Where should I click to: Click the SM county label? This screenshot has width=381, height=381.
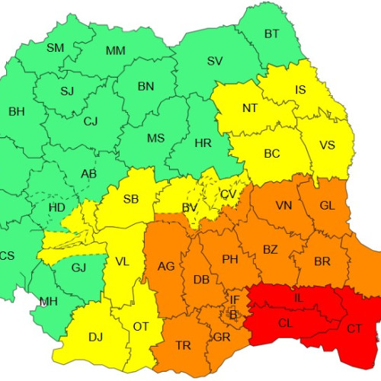tap(56, 48)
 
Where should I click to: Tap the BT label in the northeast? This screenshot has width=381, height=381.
tap(272, 34)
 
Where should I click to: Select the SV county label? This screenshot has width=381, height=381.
tap(215, 61)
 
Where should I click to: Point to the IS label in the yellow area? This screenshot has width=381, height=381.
tap(301, 90)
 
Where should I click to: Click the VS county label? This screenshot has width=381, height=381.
tap(327, 145)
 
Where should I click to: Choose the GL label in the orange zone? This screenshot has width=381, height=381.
tap(327, 206)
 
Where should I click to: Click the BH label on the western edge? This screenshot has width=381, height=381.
tap(16, 112)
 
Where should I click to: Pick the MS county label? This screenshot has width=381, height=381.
tap(155, 138)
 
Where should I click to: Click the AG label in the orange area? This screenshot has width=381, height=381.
tap(166, 266)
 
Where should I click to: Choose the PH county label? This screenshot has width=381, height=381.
tap(230, 259)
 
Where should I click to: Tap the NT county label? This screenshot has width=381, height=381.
tap(250, 108)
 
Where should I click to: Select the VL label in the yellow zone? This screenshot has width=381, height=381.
tap(122, 261)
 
